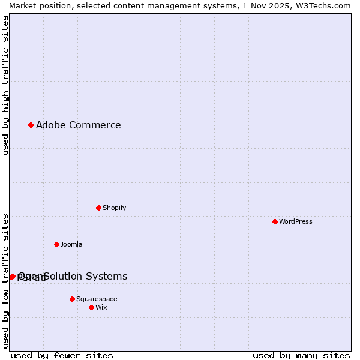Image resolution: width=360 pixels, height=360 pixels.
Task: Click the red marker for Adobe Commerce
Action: coord(31,125)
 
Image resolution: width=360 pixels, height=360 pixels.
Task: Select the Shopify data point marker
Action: coord(98,208)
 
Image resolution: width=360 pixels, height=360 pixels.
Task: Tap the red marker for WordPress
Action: coord(275,221)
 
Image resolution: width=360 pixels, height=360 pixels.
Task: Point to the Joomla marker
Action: coord(56,244)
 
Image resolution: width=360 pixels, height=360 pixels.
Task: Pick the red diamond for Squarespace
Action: coord(72,299)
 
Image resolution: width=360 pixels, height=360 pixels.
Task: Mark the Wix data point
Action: coord(91,307)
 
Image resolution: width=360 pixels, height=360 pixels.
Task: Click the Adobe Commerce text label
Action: coord(78,125)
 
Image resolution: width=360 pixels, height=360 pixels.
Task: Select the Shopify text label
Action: coord(114,208)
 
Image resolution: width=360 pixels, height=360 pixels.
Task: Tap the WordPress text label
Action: coord(295,221)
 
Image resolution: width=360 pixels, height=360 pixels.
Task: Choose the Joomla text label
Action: coord(71,244)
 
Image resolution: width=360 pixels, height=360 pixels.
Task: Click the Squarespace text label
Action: coord(97,299)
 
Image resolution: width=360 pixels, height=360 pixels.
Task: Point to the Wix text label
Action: coord(101,307)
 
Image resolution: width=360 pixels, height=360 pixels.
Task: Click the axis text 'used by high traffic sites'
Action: coord(6,85)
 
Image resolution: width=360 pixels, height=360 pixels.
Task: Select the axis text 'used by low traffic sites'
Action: coord(6,281)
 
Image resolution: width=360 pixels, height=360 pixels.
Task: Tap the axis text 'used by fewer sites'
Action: coord(62,355)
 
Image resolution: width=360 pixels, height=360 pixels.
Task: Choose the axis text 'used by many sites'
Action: coord(301,355)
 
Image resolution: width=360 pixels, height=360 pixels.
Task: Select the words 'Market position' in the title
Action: coord(38,5)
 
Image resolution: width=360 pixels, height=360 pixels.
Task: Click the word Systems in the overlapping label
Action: coord(107,276)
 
